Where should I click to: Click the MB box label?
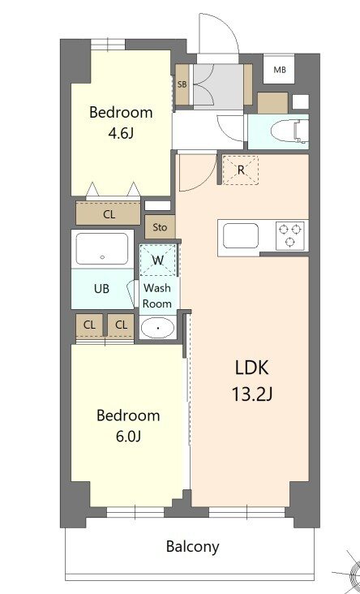(280, 70)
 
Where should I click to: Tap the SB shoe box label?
(182, 84)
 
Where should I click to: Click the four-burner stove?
(290, 235)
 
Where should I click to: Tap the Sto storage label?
(160, 227)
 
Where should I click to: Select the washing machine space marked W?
(157, 260)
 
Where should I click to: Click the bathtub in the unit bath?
(101, 249)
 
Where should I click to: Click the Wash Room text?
(157, 295)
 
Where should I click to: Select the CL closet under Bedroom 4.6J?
(109, 214)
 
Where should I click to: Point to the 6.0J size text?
(128, 437)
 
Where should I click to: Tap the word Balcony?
(192, 546)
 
